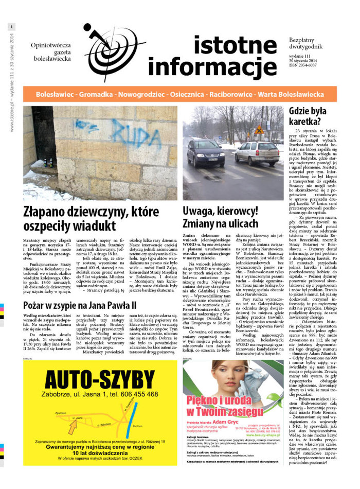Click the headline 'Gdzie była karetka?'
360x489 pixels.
coord(304,116)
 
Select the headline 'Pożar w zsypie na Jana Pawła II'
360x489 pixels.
coord(79,305)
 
